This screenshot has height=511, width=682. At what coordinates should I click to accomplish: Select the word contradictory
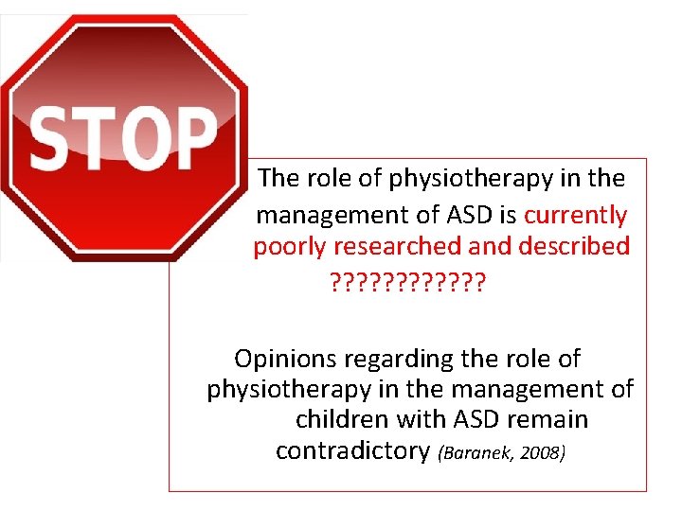point(352,450)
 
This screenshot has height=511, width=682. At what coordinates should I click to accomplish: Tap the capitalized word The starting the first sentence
point(278,178)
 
